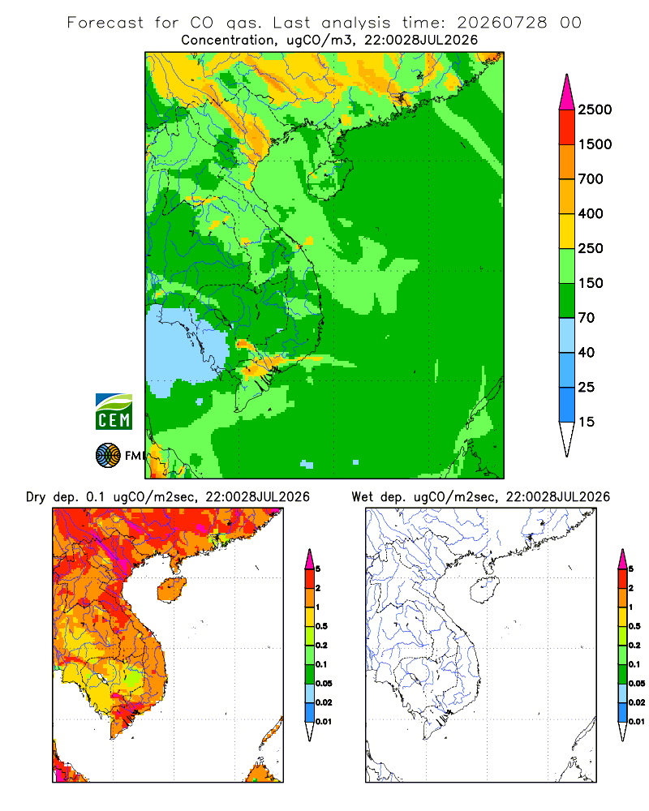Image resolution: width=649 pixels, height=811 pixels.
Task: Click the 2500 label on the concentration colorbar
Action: click(x=595, y=109)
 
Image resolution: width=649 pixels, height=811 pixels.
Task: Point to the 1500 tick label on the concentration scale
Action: click(x=595, y=144)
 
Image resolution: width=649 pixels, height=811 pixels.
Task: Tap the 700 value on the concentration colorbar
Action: click(x=591, y=179)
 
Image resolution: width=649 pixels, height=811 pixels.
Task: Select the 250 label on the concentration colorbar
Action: click(x=591, y=248)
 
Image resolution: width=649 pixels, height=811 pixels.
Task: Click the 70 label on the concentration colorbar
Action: click(x=587, y=318)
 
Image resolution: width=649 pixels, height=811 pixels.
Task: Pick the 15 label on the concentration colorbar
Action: click(x=587, y=422)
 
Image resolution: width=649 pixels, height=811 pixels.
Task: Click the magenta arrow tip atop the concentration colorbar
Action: click(x=567, y=92)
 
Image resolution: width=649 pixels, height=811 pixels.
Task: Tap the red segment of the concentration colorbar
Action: click(x=567, y=127)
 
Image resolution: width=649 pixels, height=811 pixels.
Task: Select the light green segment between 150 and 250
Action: click(x=567, y=266)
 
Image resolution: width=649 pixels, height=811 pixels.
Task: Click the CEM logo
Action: click(x=114, y=412)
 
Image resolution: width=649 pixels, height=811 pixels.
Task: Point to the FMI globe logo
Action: click(x=108, y=456)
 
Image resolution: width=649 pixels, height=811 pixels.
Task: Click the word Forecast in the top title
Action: click(x=105, y=23)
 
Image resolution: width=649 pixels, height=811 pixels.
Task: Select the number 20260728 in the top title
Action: click(x=501, y=23)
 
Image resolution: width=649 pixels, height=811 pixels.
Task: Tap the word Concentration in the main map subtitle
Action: click(x=228, y=41)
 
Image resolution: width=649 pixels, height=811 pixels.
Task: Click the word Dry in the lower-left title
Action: click(x=36, y=497)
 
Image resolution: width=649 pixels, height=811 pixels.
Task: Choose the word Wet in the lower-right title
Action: click(x=363, y=497)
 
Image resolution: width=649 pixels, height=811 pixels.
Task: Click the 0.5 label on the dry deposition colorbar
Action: click(x=321, y=626)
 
